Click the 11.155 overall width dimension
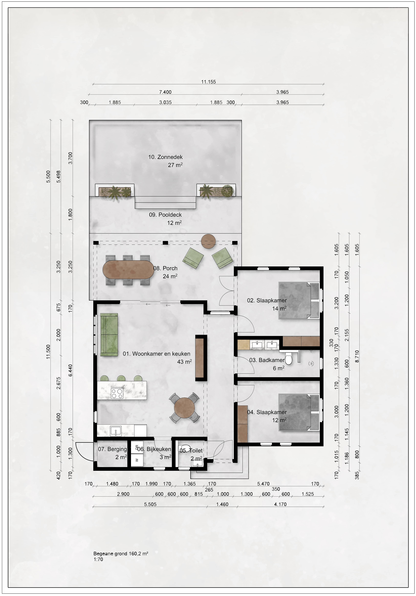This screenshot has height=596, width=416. point(208,82)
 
